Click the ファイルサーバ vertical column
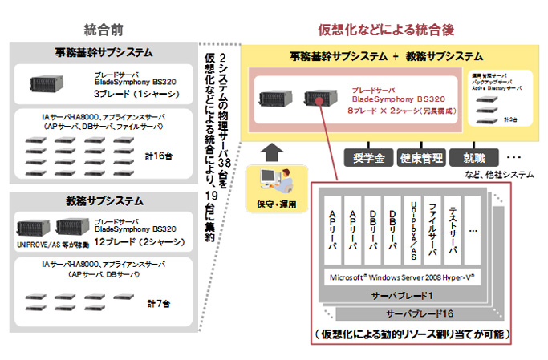(x=431, y=229)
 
